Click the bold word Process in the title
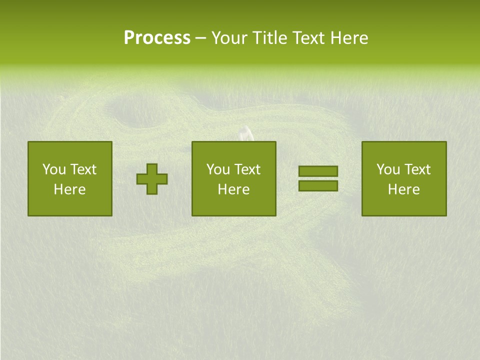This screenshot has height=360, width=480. pyautogui.click(x=157, y=38)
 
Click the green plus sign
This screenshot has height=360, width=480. pyautogui.click(x=152, y=179)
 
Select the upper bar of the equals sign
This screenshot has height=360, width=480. pyautogui.click(x=318, y=171)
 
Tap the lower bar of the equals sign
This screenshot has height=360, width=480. pyautogui.click(x=318, y=186)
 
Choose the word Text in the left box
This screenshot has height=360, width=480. pyautogui.click(x=83, y=169)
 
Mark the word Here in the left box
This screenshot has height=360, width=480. pyautogui.click(x=69, y=189)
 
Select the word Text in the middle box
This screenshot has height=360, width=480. pyautogui.click(x=247, y=169)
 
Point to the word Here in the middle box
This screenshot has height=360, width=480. pyautogui.click(x=233, y=189)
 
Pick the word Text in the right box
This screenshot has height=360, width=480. pyautogui.click(x=417, y=169)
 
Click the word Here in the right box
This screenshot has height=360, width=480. pyautogui.click(x=403, y=189)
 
